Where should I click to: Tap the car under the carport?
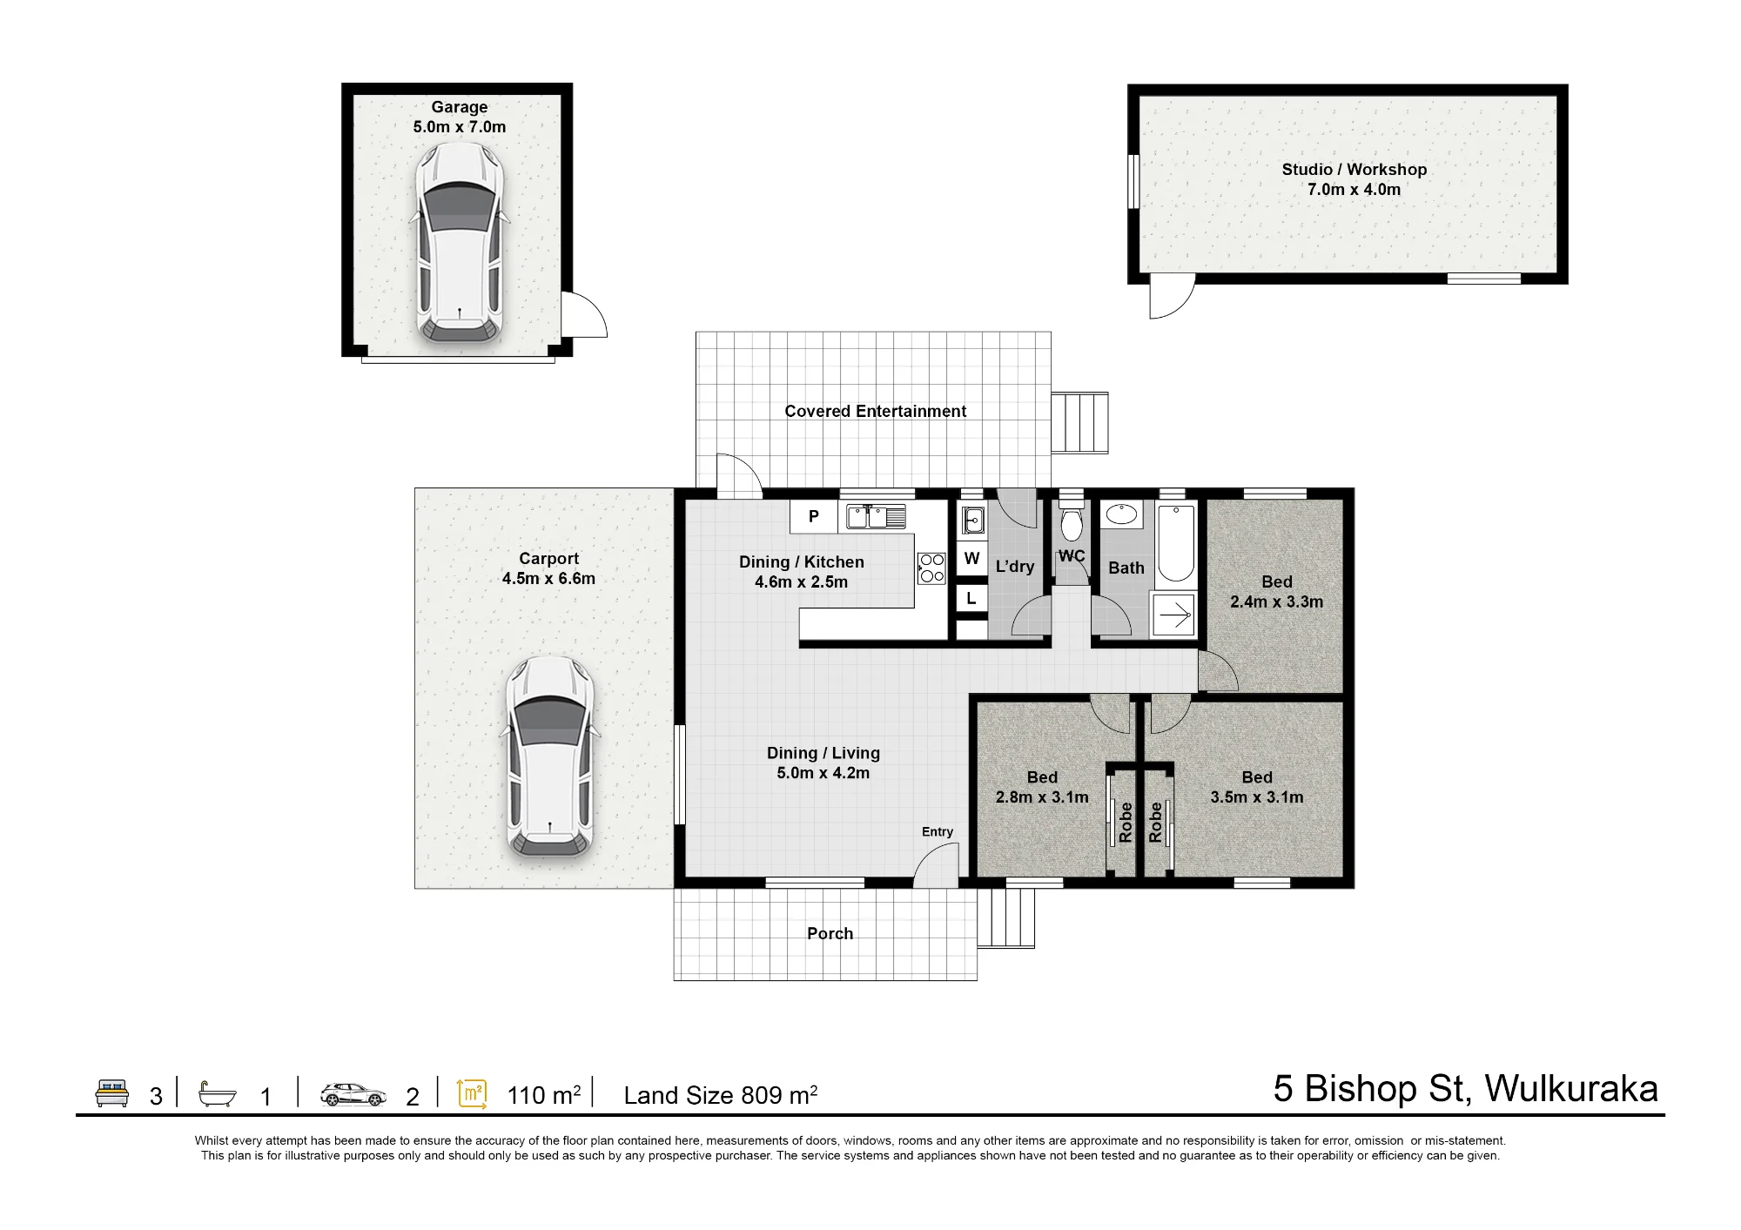[550, 756]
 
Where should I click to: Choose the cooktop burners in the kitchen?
[931, 568]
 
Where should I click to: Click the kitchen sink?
[876, 516]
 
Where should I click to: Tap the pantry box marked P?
[814, 516]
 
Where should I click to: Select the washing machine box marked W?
[972, 558]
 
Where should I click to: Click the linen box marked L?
[971, 599]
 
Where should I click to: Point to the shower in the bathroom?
[1173, 615]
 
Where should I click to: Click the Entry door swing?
[938, 867]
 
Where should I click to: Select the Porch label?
[830, 934]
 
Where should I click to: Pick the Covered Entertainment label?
[875, 412]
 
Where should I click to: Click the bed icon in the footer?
[111, 1093]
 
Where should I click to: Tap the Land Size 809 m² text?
[721, 1094]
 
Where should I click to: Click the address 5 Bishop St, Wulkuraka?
[1466, 1089]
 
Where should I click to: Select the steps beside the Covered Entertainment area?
[1079, 423]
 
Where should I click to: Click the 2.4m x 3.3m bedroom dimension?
[1276, 602]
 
